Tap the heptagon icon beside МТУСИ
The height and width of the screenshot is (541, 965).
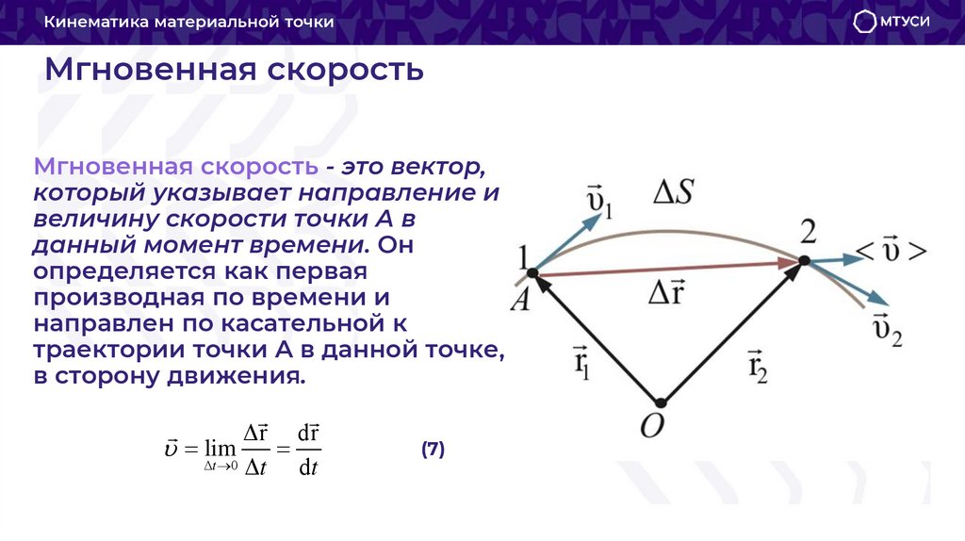click(x=864, y=22)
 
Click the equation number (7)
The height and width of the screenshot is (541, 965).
click(x=433, y=450)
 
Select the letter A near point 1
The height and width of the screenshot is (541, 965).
click(x=519, y=300)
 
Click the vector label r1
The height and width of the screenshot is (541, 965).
click(x=582, y=361)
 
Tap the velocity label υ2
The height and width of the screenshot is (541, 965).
click(x=886, y=330)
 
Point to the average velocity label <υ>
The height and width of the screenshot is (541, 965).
click(x=891, y=252)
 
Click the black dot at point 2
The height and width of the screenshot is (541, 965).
click(x=805, y=261)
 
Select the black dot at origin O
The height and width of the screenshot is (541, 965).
click(x=661, y=402)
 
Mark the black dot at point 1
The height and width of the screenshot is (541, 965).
click(x=532, y=273)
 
